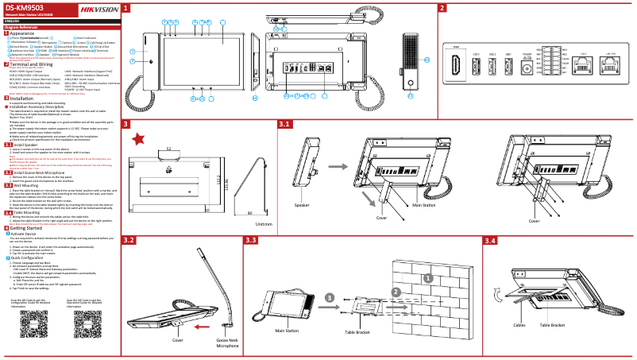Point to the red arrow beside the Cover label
(204, 326)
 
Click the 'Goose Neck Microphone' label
(227, 343)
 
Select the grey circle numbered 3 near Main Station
(329, 297)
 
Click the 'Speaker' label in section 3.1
(302, 205)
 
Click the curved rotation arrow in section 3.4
(497, 296)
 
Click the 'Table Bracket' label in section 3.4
(552, 325)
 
